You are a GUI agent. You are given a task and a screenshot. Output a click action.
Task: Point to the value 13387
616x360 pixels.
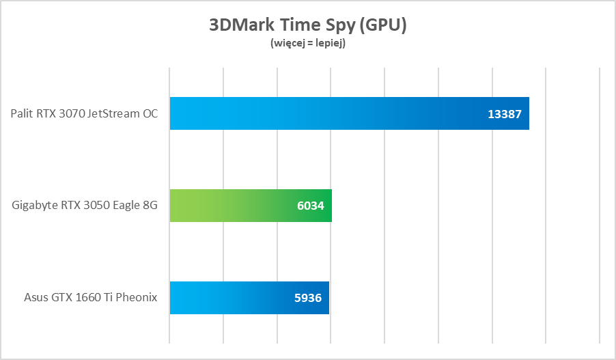pyautogui.click(x=505, y=114)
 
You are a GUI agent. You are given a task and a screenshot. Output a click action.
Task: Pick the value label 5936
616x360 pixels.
pyautogui.click(x=307, y=299)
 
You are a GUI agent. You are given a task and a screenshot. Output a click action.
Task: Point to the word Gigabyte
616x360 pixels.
pyautogui.click(x=34, y=206)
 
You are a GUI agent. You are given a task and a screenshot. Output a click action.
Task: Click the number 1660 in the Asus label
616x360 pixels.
pyautogui.click(x=91, y=298)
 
